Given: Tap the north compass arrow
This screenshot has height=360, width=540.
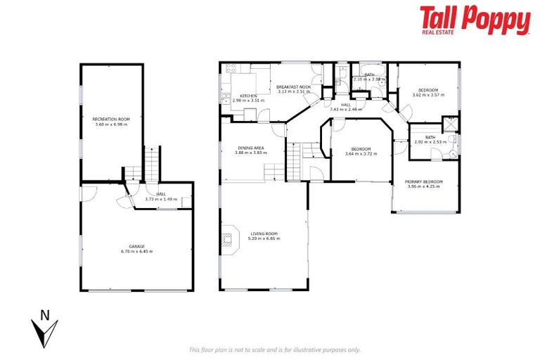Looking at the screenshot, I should click(44, 328).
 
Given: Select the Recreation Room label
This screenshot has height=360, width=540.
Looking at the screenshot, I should click(112, 120).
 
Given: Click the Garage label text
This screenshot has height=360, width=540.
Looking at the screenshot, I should click(136, 246).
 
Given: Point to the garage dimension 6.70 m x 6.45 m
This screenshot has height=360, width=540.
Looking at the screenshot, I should click(136, 251).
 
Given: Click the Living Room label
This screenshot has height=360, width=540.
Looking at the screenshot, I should click(264, 233).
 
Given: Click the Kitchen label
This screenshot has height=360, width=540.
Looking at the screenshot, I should click(247, 96).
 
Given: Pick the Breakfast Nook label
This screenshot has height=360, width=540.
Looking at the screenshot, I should click(295, 86).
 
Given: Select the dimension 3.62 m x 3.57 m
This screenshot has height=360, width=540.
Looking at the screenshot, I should click(428, 95).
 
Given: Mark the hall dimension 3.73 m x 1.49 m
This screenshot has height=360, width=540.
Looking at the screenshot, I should click(160, 199).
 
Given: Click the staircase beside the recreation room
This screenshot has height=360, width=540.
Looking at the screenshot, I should click(152, 165).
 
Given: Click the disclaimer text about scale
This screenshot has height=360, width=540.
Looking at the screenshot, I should click(274, 349).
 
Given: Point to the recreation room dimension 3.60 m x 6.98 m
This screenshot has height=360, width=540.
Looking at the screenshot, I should click(112, 124).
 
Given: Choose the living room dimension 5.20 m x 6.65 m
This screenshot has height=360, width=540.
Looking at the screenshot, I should click(264, 238).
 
